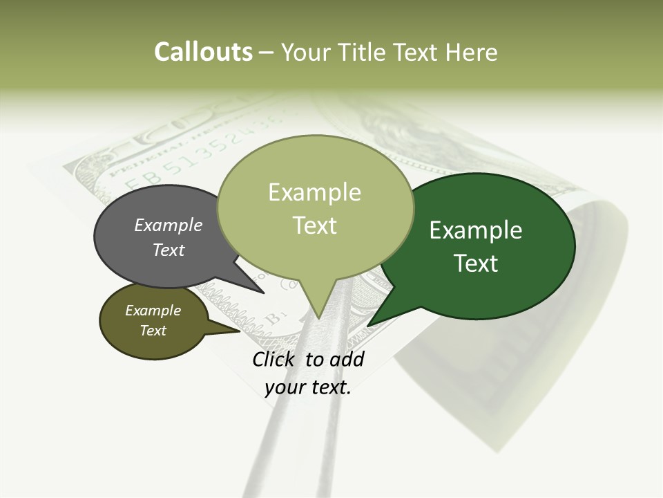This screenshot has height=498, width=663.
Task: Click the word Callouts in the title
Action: (203, 53)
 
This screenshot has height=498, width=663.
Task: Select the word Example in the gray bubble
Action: (169, 225)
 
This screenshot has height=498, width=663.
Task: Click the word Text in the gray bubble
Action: (169, 250)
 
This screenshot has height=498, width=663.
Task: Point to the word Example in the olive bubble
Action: (153, 311)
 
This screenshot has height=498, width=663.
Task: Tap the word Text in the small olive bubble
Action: (153, 331)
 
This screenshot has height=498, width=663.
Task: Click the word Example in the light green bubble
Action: (314, 192)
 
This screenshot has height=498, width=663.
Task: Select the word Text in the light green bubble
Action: (314, 225)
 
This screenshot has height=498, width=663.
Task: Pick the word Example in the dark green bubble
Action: (476, 230)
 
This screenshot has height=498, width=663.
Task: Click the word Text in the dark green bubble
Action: (476, 263)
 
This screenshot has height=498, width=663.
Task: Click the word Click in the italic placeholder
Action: (275, 359)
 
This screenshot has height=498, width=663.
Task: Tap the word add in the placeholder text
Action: (347, 359)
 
